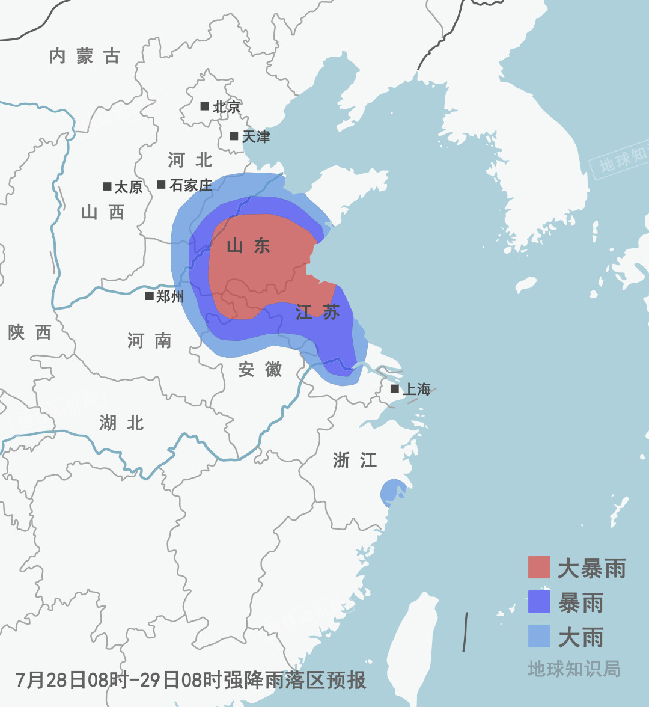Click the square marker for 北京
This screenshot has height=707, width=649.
[x=204, y=106]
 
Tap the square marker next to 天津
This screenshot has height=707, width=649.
[x=234, y=136]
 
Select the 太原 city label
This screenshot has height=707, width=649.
[x=128, y=187]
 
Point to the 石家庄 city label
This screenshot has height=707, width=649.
[x=190, y=185]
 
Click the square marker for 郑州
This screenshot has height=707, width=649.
[x=150, y=296]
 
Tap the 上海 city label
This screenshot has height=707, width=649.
[x=416, y=390]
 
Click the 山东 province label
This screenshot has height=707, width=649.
[x=248, y=245]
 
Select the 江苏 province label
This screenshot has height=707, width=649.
[x=318, y=312]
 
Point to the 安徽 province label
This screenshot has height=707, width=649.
[x=260, y=369]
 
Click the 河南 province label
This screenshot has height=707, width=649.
[x=150, y=341]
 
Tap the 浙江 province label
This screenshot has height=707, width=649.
[x=355, y=461]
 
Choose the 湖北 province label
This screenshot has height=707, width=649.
[x=121, y=423]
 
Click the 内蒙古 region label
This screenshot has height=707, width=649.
[x=85, y=57]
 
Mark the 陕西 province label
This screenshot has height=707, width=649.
[x=29, y=332]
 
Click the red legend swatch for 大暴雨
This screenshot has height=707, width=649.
[x=539, y=567]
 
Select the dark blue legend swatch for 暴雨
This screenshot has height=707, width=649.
[x=539, y=602]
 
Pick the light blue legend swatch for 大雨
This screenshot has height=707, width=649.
[x=539, y=636]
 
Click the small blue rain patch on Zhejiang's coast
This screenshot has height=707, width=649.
[x=392, y=492]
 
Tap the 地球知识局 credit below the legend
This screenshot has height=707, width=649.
[x=574, y=669]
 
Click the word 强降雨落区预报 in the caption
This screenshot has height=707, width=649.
[x=294, y=681]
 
